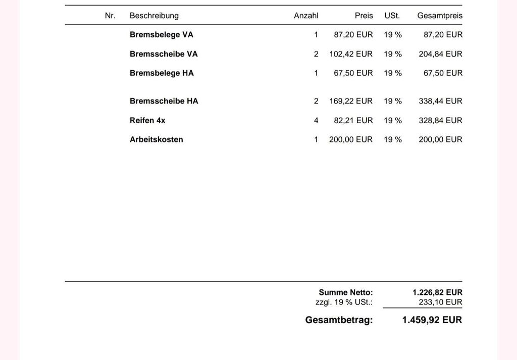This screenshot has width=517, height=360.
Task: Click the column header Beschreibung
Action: [154, 16]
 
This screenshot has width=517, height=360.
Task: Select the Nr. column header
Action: [110, 16]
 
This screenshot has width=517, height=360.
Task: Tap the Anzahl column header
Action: [306, 16]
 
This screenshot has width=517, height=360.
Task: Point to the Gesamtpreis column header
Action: [440, 16]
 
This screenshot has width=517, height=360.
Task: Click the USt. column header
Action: [392, 16]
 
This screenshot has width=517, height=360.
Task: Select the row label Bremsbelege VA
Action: [161, 35]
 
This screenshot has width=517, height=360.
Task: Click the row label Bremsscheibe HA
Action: [164, 101]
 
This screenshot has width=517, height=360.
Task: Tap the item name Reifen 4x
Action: [147, 120]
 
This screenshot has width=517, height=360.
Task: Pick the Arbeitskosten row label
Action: [156, 139]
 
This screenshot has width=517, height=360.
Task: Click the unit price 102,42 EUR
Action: [351, 54]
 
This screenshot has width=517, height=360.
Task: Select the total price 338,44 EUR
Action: [440, 101]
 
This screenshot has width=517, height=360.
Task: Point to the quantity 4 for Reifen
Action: [316, 120]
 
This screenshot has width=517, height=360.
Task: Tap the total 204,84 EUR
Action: [440, 54]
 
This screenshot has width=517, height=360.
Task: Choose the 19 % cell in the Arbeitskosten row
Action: [393, 139]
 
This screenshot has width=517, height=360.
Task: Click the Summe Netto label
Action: [346, 292]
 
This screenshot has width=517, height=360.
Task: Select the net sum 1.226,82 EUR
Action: [437, 292]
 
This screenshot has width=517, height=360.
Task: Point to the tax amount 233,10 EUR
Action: [440, 302]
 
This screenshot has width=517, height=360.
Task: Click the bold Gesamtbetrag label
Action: [339, 320]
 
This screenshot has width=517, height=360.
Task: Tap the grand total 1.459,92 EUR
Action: [432, 320]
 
